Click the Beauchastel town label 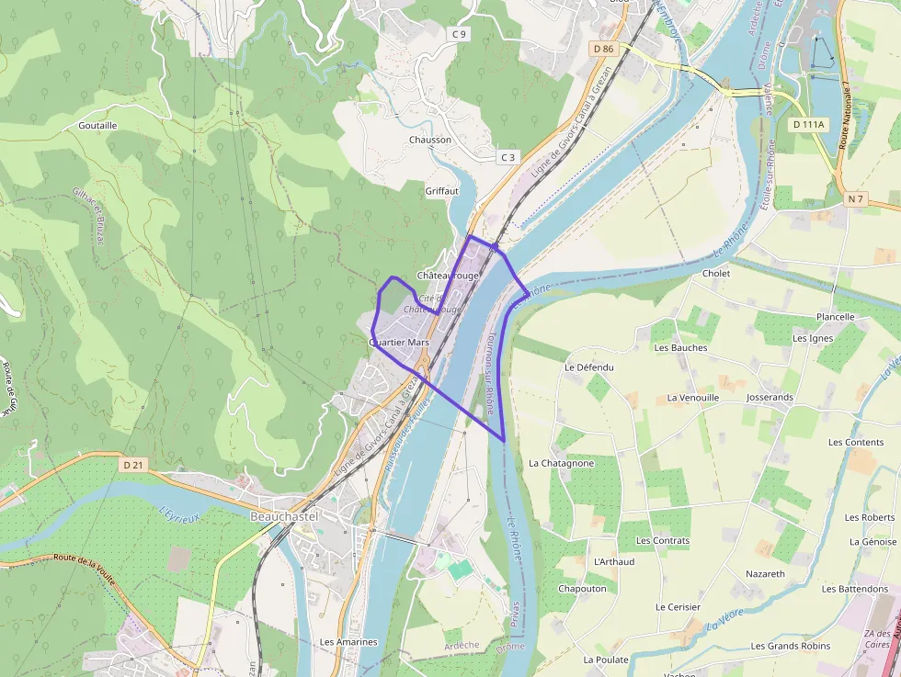pos(284,517)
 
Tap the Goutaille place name pos(98,125)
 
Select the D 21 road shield pos(133,465)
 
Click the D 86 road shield pos(603,49)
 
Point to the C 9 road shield pos(460,34)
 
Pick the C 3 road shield pos(508,157)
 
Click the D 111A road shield pos(809,123)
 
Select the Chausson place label pos(430,140)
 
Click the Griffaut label pos(441,191)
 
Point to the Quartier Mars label pos(399,343)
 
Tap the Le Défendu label pos(588,367)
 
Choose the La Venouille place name pos(693,398)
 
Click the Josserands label pos(770,398)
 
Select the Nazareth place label pos(766,574)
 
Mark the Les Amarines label pos(348,642)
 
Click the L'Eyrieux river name pos(179,517)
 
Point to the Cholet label pos(716,274)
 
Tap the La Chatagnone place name pos(562,464)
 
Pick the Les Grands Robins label pos(791,647)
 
